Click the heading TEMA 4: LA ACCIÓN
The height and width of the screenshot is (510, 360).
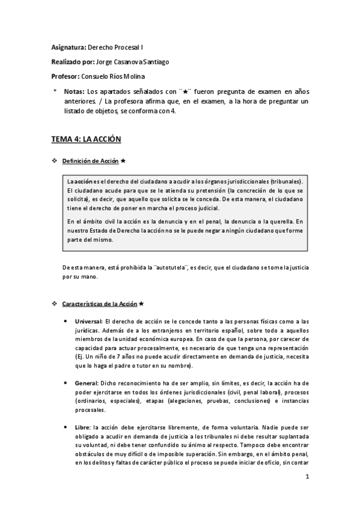(86, 139)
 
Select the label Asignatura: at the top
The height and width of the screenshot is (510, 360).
(68, 46)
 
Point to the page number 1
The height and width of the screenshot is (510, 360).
(307, 478)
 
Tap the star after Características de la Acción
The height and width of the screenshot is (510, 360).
(141, 304)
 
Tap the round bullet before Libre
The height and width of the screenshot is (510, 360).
(65, 426)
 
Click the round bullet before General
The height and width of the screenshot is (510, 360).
(65, 382)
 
